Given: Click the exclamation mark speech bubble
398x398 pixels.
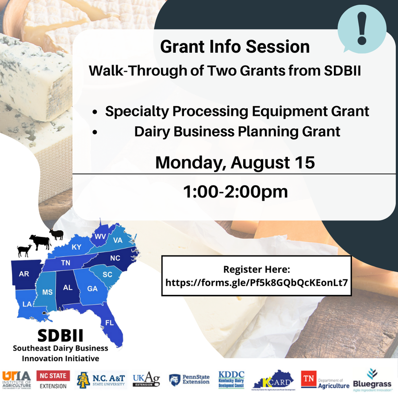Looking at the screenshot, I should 361,27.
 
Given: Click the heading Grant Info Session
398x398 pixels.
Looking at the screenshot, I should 235,47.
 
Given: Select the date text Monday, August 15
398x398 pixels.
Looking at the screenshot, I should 235,162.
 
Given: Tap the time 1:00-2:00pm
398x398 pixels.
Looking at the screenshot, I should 235,191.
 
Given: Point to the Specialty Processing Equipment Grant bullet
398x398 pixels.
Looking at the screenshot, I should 237,111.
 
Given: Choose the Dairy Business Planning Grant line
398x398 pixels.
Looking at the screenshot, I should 237,131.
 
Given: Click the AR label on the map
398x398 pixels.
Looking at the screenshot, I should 24,274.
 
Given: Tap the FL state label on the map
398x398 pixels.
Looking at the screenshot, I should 109,322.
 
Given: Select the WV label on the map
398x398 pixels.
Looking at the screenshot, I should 100,237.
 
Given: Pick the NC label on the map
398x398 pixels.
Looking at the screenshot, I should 115,258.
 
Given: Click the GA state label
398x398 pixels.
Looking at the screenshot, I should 92,288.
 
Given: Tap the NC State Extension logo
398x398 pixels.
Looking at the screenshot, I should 53,380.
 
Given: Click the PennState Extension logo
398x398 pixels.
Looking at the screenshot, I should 189,380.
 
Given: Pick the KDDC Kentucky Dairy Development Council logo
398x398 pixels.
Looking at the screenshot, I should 232,380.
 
